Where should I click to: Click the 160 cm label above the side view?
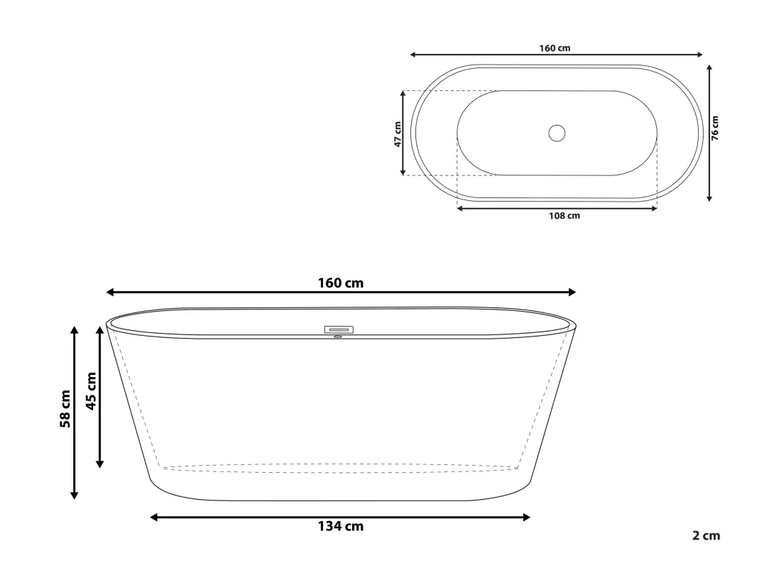(341, 283)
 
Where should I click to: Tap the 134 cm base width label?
(341, 526)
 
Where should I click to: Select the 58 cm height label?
(65, 409)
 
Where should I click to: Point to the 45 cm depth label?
(91, 391)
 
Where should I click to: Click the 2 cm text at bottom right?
(706, 536)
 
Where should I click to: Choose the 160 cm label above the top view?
(555, 48)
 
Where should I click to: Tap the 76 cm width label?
(715, 128)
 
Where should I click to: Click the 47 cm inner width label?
(398, 134)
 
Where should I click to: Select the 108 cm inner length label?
(564, 216)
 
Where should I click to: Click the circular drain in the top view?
(557, 133)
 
